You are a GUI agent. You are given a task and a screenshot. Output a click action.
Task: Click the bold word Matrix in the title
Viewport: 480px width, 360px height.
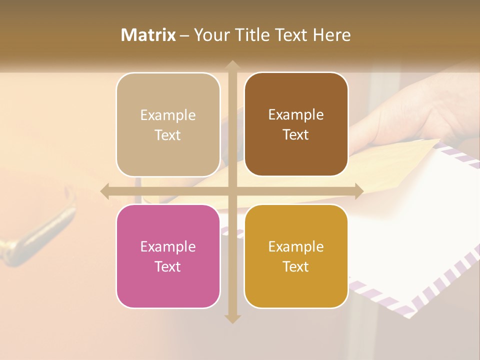148,35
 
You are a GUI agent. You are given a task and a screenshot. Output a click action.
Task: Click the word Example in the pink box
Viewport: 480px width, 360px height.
168,246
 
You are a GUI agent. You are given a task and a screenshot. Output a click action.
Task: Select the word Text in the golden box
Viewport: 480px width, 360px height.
296,266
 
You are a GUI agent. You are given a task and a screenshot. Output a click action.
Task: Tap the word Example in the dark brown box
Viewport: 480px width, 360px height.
296,114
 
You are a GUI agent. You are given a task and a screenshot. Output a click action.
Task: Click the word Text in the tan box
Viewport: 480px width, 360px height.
168,135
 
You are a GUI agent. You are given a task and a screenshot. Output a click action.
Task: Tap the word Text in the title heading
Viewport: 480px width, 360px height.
290,35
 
